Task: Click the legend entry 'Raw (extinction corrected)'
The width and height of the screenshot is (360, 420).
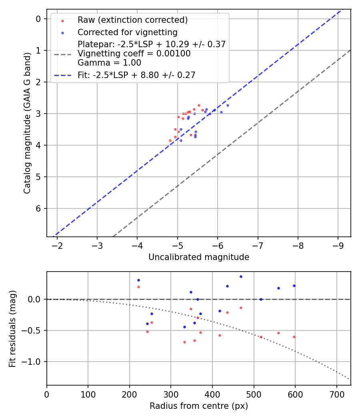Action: (x=132, y=20)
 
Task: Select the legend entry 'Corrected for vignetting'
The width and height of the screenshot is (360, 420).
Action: (x=127, y=32)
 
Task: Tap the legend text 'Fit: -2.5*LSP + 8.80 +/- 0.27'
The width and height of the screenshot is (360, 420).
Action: (x=136, y=75)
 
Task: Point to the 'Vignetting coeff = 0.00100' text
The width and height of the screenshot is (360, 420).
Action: (x=134, y=54)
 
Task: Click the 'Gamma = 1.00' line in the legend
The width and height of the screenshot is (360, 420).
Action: (x=109, y=63)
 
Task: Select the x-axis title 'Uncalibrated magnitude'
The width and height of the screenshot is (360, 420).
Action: (x=199, y=257)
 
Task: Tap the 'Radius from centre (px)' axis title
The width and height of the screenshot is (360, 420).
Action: (x=199, y=406)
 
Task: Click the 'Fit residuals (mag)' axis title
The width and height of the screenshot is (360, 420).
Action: (x=12, y=328)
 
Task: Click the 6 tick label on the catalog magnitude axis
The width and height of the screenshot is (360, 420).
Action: (x=38, y=208)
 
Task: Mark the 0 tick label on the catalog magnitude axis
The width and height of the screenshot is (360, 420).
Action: (x=38, y=19)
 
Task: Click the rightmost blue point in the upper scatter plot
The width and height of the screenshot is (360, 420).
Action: (x=228, y=105)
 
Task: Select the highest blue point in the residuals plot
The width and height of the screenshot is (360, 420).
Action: (x=241, y=276)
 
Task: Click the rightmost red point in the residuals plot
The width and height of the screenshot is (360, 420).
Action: (x=294, y=337)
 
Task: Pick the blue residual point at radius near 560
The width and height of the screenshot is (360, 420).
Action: (x=278, y=288)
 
